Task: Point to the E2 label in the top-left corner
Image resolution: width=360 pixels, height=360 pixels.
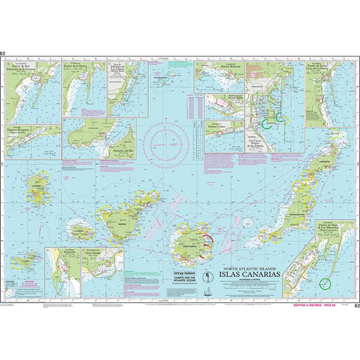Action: [x=4, y=55]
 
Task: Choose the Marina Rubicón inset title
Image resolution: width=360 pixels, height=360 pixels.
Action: [x=218, y=68]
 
